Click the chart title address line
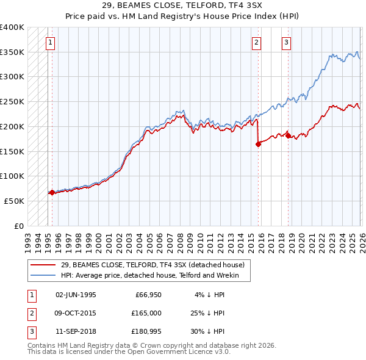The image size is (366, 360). (182, 5)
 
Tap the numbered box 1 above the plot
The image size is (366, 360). (49, 43)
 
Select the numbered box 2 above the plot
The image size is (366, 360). (256, 43)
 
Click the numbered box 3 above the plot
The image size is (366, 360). (285, 43)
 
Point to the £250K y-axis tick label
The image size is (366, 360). (12, 102)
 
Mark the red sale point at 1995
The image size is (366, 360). (52, 192)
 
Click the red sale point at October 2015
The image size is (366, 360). (258, 144)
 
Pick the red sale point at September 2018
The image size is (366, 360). (288, 136)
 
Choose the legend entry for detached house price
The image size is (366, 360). (152, 265)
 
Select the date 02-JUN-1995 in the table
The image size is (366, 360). (76, 295)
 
